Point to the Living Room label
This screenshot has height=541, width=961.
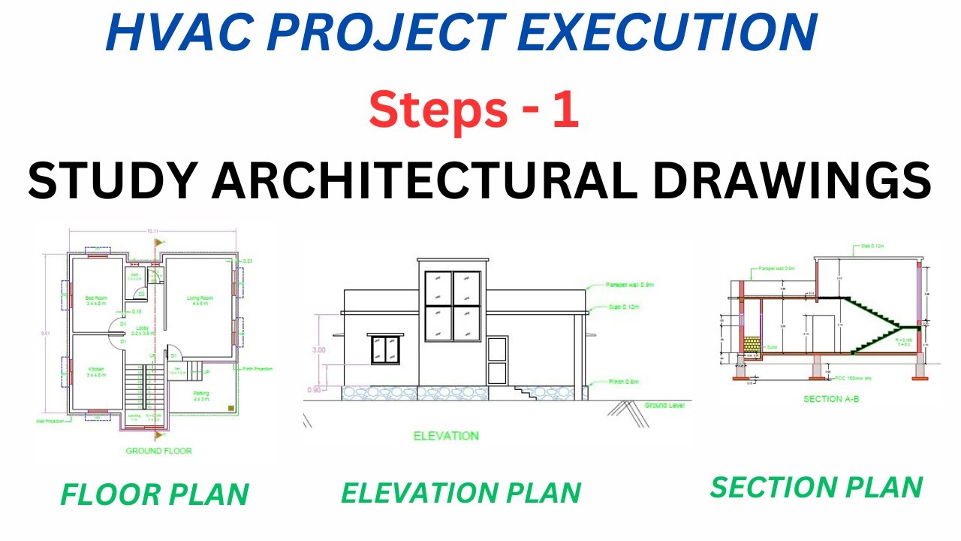pos(200,301)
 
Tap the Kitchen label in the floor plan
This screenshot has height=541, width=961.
pos(95,371)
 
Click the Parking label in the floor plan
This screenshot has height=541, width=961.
pos(200,394)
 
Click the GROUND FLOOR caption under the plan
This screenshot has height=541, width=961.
pos(158,451)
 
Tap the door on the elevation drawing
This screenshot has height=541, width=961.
pos(497,361)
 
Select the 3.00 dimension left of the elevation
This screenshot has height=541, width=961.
pos(319,350)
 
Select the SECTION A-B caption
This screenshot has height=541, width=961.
pos(831,399)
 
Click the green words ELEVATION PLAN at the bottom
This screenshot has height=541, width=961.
pos(461,493)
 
